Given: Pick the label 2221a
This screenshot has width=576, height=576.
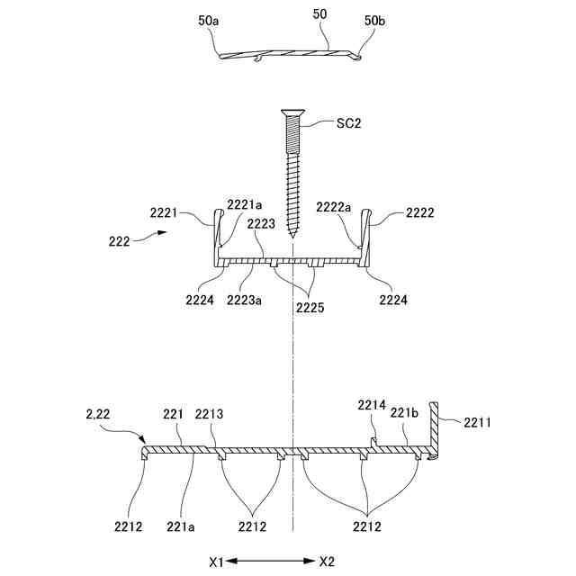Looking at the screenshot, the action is [x=243, y=205].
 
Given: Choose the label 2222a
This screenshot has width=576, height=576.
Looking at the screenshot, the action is [x=334, y=205].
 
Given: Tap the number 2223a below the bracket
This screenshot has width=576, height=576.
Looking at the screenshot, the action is [x=245, y=301].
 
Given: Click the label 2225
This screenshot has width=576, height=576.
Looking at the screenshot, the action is [x=310, y=308].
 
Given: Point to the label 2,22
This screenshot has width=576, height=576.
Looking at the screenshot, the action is [x=99, y=412].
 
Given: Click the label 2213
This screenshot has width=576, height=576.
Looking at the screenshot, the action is [x=210, y=414].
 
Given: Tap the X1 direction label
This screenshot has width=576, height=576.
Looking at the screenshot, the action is [x=216, y=562].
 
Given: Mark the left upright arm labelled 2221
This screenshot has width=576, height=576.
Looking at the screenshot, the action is [x=217, y=236].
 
